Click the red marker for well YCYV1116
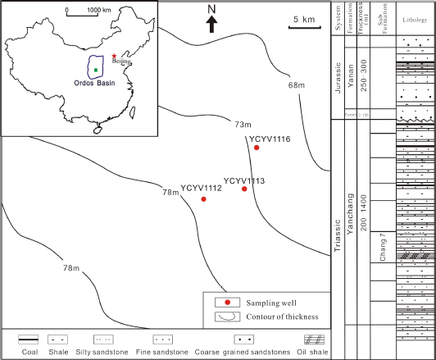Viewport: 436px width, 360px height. [x=257, y=148]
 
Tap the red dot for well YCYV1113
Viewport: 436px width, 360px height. [x=244, y=189]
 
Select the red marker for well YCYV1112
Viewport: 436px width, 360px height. [x=204, y=199]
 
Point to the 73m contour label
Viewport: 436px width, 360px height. [x=242, y=125]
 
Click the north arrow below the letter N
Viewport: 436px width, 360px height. [x=211, y=25]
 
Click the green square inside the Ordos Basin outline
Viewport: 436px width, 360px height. [x=96, y=70]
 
